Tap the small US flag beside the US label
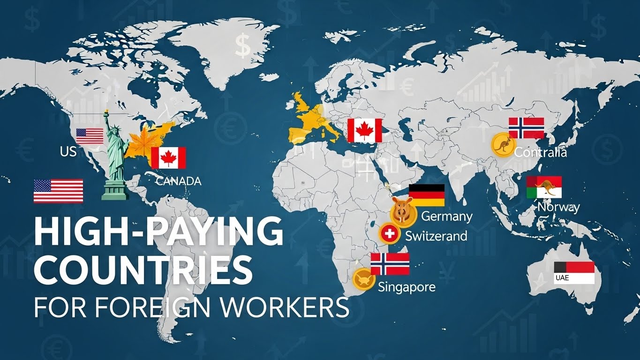click(x=90, y=136)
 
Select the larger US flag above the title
click(x=58, y=191)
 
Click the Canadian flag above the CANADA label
click(x=168, y=157)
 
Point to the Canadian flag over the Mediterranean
click(x=364, y=130)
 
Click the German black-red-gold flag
click(x=427, y=195)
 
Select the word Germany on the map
click(x=447, y=217)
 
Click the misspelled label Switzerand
click(x=436, y=236)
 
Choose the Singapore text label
click(x=407, y=286)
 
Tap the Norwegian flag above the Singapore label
click(x=390, y=264)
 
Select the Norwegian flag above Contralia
click(x=526, y=128)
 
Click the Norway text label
click(x=558, y=207)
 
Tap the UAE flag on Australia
click(x=574, y=273)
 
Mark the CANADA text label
click(x=178, y=181)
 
